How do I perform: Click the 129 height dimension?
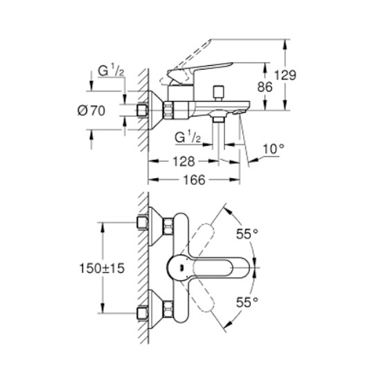285,75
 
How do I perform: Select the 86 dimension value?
265,87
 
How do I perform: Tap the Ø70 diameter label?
91,111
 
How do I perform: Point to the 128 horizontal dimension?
184,161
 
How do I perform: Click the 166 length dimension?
194,179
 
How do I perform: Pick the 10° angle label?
274,149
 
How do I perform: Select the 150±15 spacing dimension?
102,268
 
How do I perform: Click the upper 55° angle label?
247,233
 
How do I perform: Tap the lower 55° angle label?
247,303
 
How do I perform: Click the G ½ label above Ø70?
111,71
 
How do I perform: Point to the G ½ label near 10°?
188,137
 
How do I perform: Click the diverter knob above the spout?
218,93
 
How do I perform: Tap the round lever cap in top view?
180,267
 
